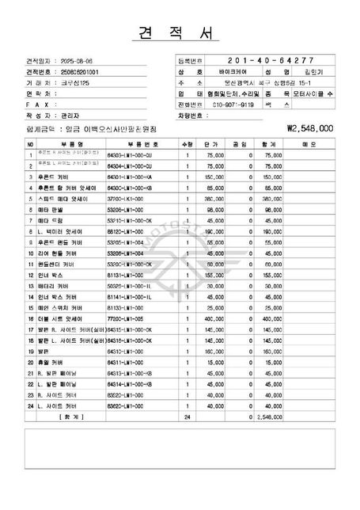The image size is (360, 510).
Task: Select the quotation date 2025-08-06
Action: pos(75,60)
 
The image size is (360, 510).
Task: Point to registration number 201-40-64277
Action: pos(269,60)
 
